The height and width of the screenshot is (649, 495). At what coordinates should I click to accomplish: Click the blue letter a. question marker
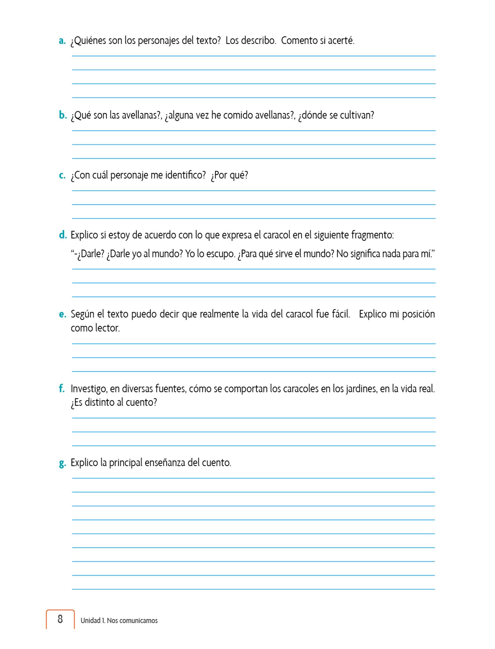pos(62,41)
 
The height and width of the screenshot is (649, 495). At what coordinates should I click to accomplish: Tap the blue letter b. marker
pos(63,115)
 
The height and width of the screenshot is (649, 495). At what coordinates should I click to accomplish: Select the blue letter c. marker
pos(62,175)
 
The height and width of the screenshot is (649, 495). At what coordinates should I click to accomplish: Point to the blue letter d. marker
pos(63,235)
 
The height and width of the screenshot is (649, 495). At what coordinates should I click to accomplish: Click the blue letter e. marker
pos(62,314)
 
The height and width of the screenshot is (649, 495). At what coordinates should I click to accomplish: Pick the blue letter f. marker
pos(62,389)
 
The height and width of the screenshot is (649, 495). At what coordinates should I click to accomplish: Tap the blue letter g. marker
pos(62,463)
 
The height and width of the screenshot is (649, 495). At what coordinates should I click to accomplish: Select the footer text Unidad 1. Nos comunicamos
pos(119,620)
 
